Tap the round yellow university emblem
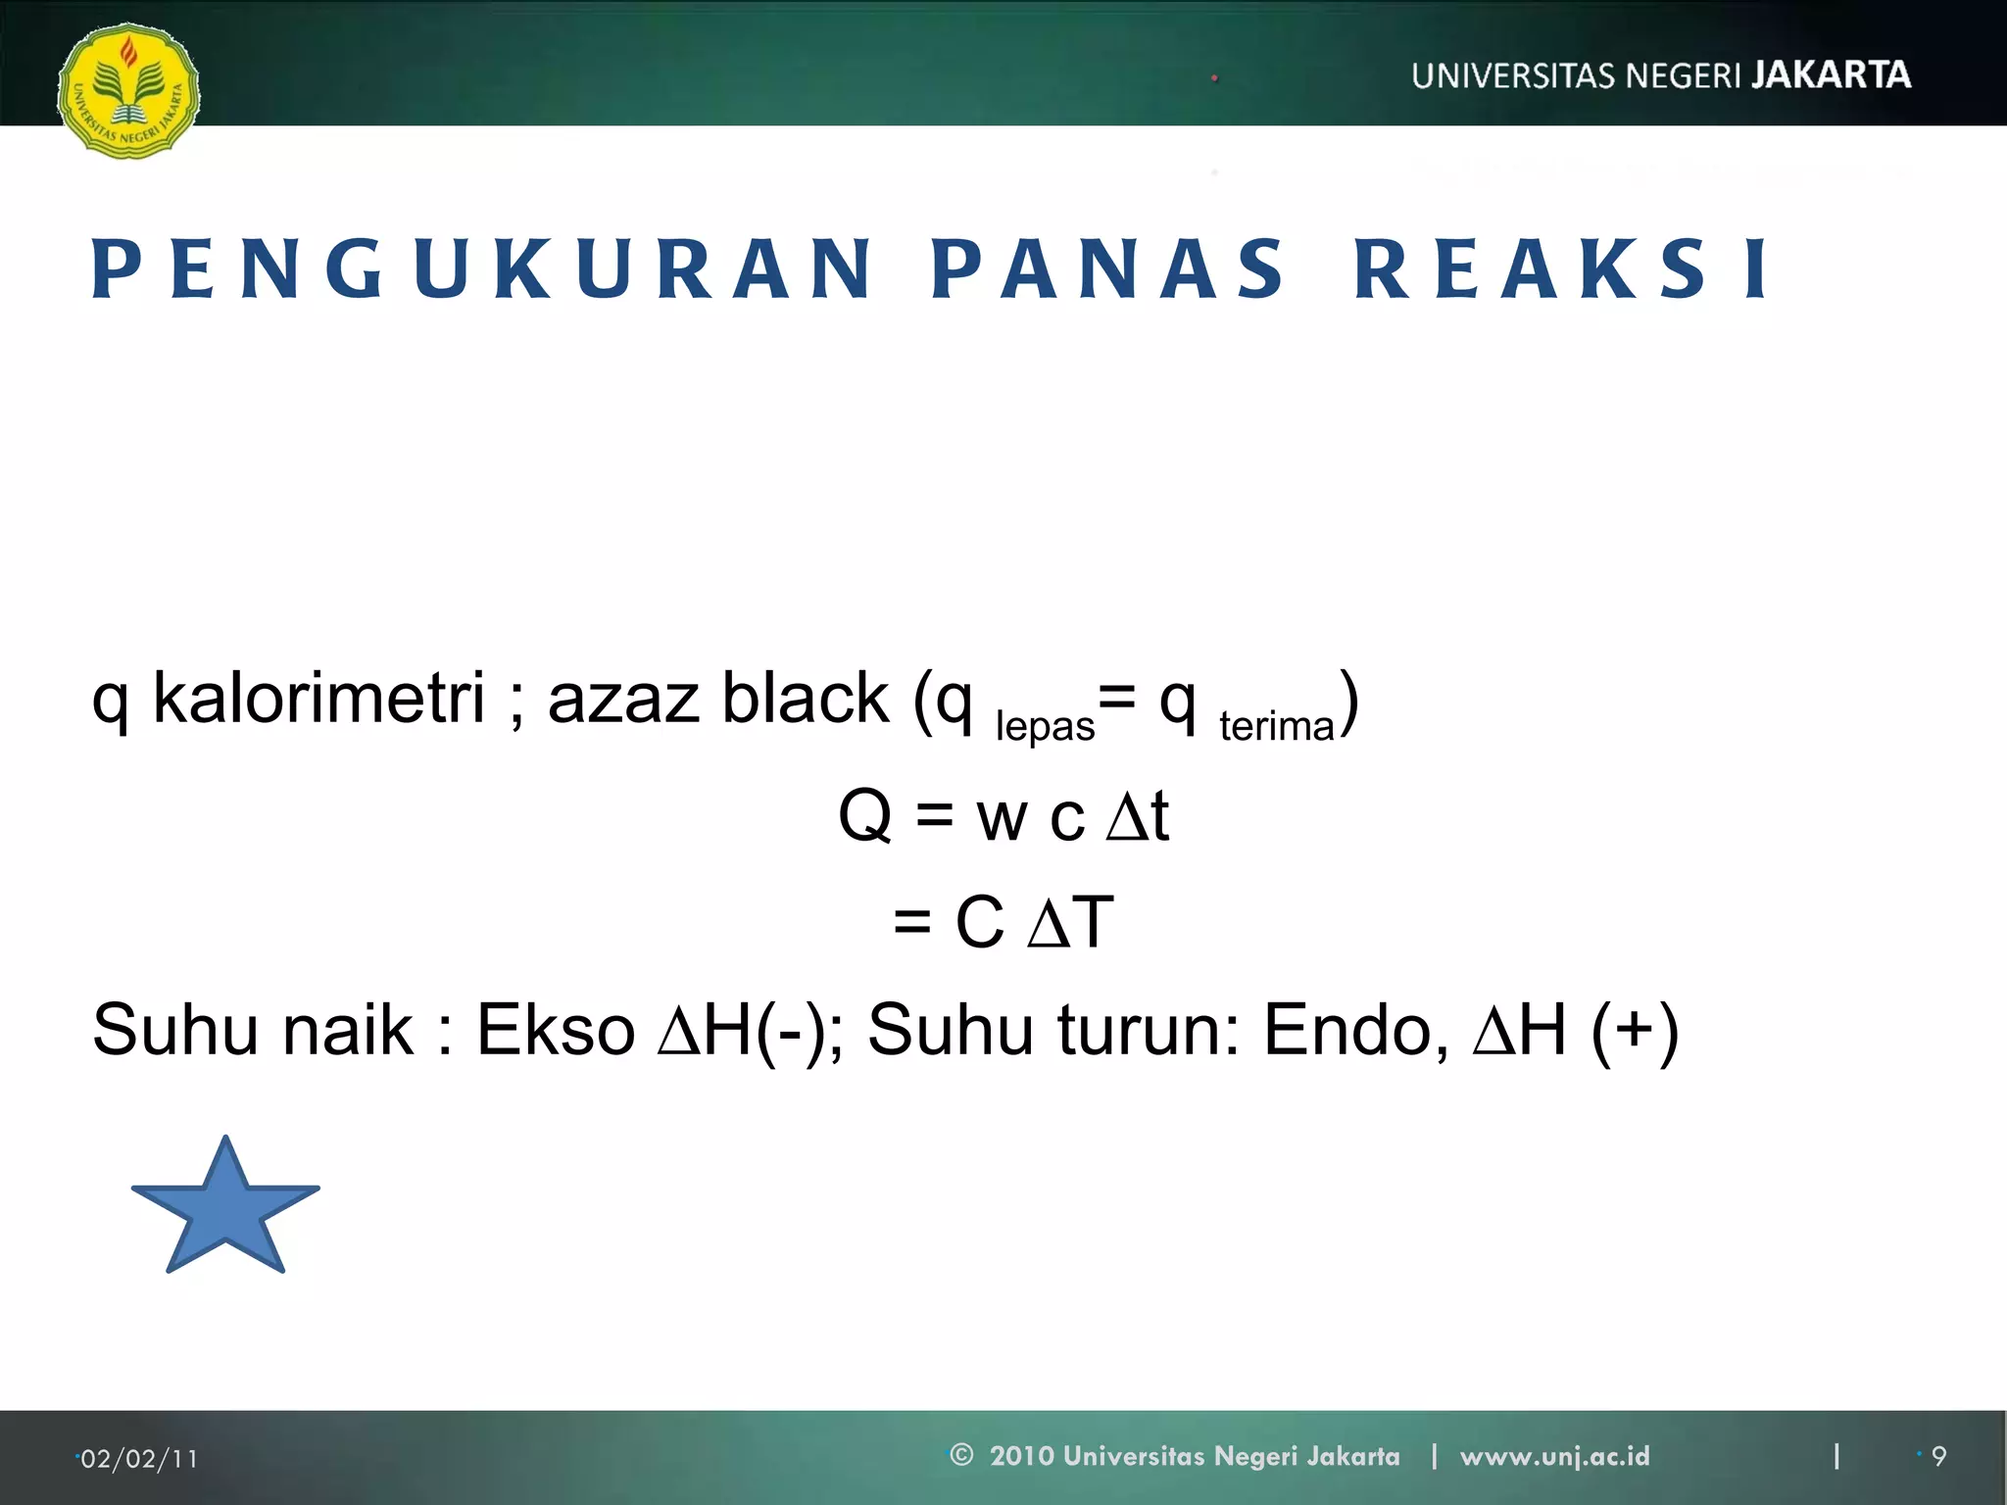[128, 91]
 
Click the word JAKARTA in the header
[1831, 75]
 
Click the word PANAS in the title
[1107, 269]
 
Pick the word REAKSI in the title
[1562, 269]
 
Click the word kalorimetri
[318, 699]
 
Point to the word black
[805, 699]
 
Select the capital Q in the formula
[865, 815]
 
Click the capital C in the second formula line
[979, 922]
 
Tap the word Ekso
[556, 1030]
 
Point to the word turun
[1141, 1030]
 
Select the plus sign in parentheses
[1635, 1030]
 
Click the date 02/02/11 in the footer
[139, 1459]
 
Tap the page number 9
[1938, 1457]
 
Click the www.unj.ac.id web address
[1554, 1456]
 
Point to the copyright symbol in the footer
[961, 1455]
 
